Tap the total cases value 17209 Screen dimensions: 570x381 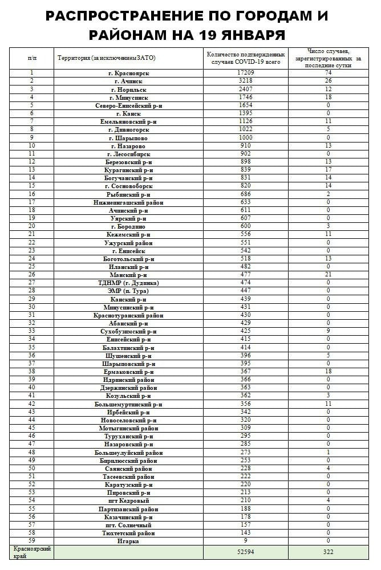click(246, 73)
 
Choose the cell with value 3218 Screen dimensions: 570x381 click(246, 81)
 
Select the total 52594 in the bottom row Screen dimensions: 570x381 click(246, 552)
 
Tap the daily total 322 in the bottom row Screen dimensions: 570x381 click(328, 552)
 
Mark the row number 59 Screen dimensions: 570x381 click(32, 541)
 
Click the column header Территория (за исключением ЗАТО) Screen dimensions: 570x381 click(107, 58)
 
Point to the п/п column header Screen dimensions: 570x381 click(32, 58)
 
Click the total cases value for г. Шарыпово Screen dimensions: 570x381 click(246, 137)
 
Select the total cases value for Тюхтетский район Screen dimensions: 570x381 click(246, 533)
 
